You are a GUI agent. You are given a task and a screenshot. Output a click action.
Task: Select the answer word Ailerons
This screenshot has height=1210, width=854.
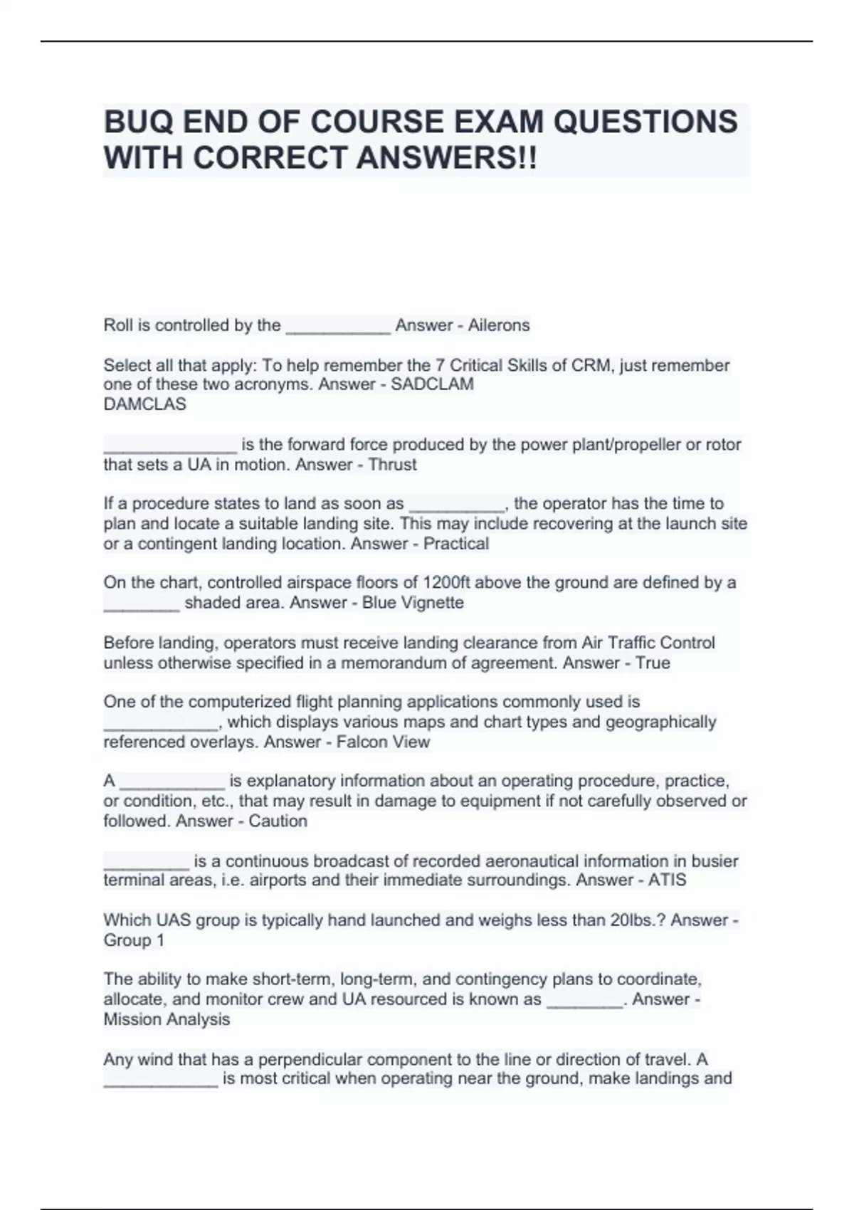pyautogui.click(x=498, y=325)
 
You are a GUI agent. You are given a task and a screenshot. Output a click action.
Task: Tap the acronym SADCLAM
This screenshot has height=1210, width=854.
pyautogui.click(x=432, y=385)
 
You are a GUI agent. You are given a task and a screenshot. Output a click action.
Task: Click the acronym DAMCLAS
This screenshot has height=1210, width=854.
pyautogui.click(x=144, y=404)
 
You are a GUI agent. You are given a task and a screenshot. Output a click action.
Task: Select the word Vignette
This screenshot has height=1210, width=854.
pyautogui.click(x=433, y=603)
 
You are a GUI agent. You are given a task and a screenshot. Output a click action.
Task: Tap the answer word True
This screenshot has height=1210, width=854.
pyautogui.click(x=653, y=663)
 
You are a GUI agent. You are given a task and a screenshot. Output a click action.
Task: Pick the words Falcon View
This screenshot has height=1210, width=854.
pyautogui.click(x=383, y=742)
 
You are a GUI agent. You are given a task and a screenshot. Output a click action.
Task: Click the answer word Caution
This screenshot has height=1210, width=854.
pyautogui.click(x=278, y=821)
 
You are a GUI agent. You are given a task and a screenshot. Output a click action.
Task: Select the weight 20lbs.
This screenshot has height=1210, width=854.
pyautogui.click(x=636, y=920)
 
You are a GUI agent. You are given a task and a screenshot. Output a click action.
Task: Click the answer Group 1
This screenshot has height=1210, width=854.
pyautogui.click(x=134, y=940)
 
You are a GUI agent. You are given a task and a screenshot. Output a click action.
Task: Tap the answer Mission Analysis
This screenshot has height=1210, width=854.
pyautogui.click(x=167, y=1019)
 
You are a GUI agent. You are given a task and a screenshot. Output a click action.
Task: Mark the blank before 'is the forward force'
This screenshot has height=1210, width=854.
pyautogui.click(x=169, y=447)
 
